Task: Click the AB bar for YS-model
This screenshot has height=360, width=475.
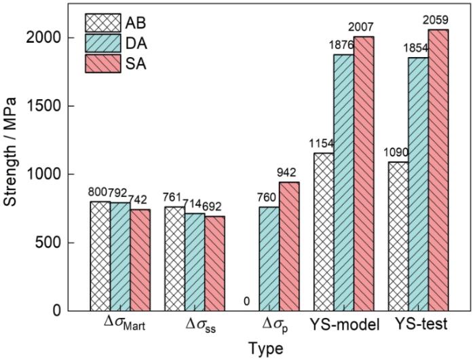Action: [324, 232]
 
